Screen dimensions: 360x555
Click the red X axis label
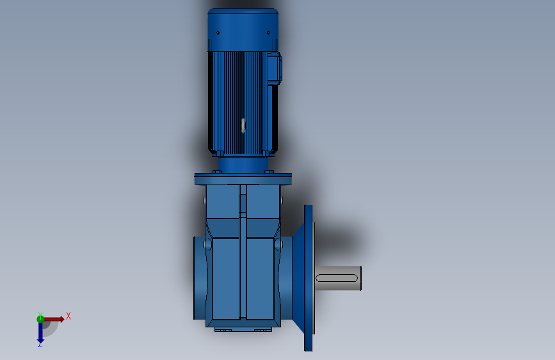(68, 316)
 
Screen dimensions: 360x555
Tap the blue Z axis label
(40, 344)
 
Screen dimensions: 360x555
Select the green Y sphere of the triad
(41, 318)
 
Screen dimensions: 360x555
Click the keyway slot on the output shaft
(337, 277)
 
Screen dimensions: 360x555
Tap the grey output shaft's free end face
(360, 277)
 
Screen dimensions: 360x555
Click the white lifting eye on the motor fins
(243, 125)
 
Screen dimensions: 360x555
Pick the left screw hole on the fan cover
(218, 33)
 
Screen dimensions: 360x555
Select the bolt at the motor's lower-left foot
(219, 154)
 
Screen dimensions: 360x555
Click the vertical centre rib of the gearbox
(243, 256)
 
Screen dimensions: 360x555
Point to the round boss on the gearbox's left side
(206, 245)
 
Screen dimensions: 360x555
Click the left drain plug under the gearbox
(224, 330)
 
